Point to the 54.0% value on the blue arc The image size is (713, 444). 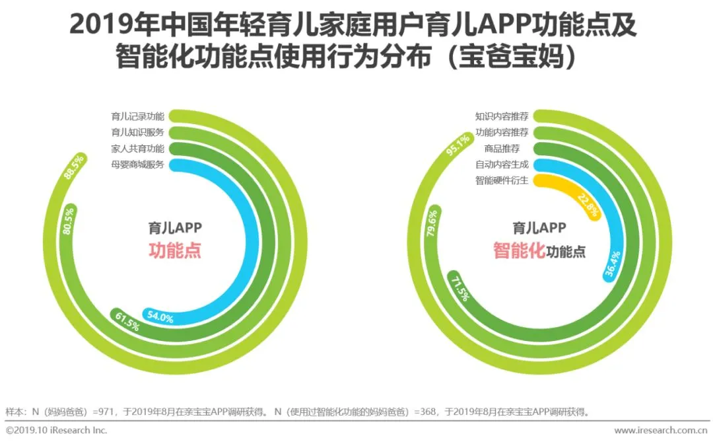tap(160, 318)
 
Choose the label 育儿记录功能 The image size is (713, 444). tap(138, 117)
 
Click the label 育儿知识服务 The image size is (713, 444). tap(138, 132)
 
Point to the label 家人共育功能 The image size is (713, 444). tap(138, 148)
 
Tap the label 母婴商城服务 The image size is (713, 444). tap(138, 164)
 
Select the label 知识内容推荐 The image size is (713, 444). tap(502, 117)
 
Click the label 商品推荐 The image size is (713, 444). tap(511, 148)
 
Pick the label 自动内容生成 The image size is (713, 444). tap(502, 164)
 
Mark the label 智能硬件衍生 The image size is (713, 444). tap(502, 180)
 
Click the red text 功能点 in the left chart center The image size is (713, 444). tap(174, 251)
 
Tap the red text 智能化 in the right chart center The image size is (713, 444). tap(519, 251)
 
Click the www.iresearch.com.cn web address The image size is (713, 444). tap(661, 431)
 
